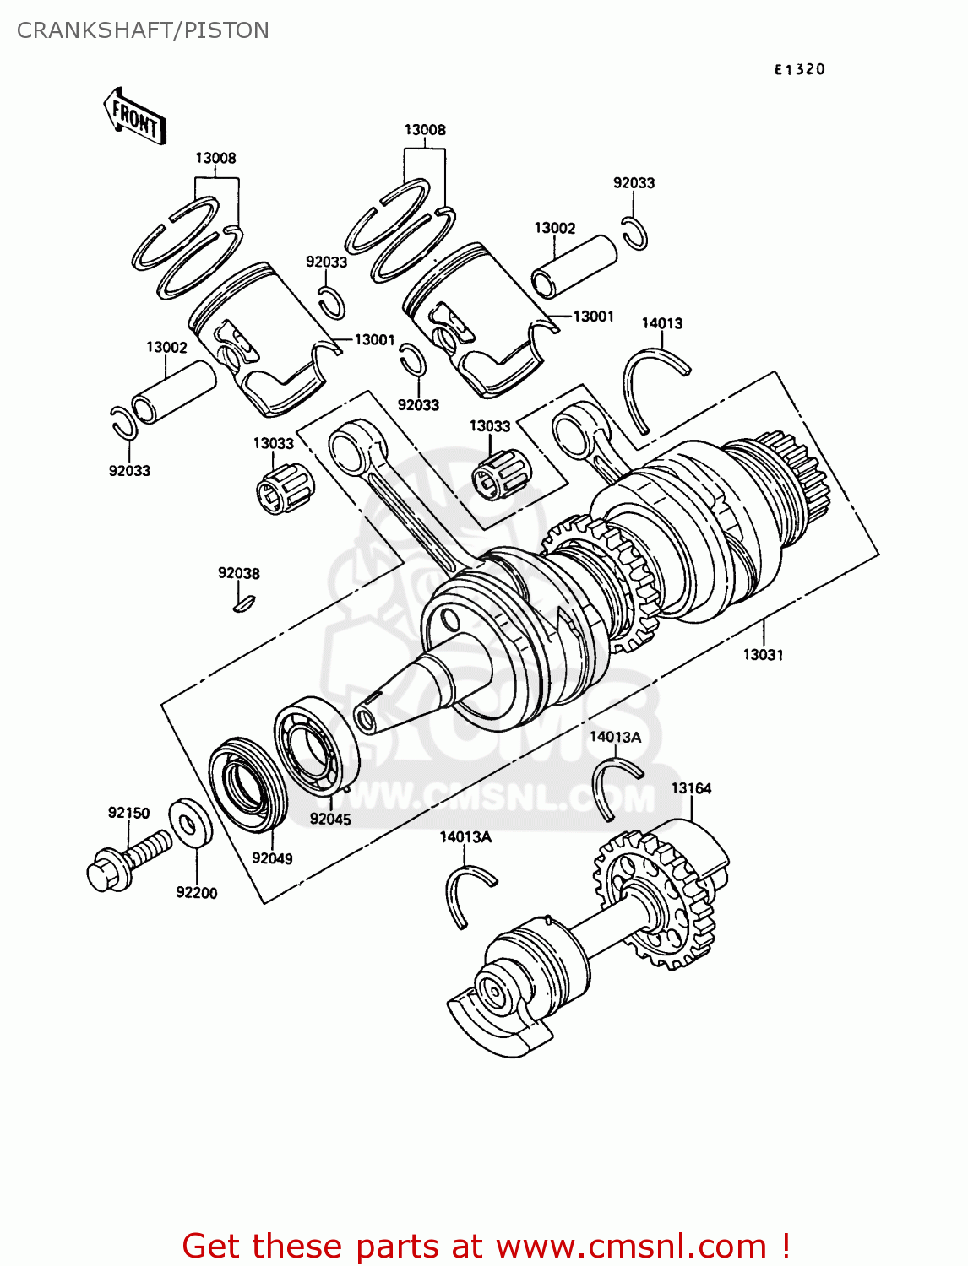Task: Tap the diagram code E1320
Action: click(x=799, y=70)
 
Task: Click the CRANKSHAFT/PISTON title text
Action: click(x=143, y=30)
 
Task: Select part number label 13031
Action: click(x=763, y=655)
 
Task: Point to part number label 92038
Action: click(x=239, y=573)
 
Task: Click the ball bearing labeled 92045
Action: click(x=317, y=745)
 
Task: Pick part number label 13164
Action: click(x=691, y=788)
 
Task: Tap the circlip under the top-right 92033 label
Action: click(x=635, y=232)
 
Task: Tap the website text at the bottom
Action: click(x=485, y=1246)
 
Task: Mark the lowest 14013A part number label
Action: click(x=465, y=836)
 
